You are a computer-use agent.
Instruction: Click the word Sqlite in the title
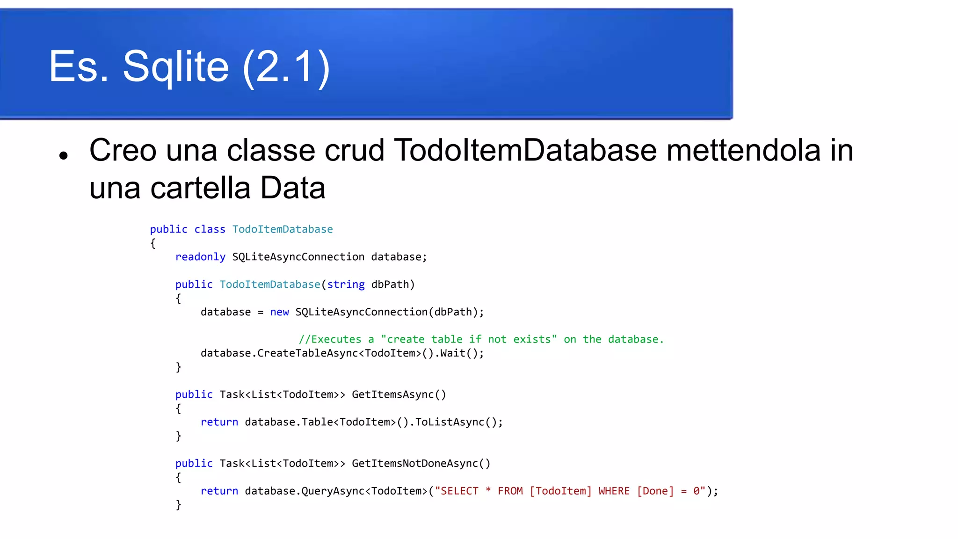(x=175, y=67)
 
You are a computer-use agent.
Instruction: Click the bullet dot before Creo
(x=64, y=156)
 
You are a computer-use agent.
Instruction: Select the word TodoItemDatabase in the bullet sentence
(x=526, y=150)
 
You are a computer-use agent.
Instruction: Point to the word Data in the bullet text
(x=292, y=188)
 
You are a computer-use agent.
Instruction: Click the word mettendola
(x=743, y=150)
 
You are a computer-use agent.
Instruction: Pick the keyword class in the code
(x=210, y=229)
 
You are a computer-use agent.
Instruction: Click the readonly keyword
(x=200, y=257)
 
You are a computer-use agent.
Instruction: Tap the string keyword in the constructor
(x=346, y=284)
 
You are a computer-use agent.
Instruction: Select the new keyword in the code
(x=279, y=312)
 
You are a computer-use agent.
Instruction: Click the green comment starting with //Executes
(x=481, y=339)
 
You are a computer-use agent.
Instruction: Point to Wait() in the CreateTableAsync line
(x=459, y=353)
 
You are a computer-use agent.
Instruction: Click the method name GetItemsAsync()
(x=399, y=394)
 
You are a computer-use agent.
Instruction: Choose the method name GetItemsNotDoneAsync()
(x=421, y=463)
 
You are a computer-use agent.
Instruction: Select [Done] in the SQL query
(x=655, y=491)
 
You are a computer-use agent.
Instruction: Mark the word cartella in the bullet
(x=200, y=188)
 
